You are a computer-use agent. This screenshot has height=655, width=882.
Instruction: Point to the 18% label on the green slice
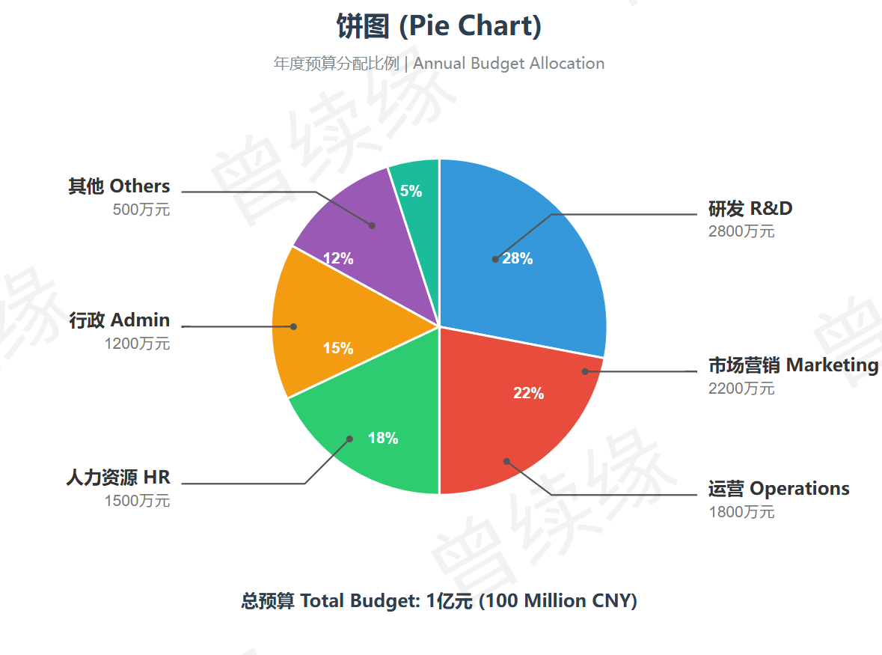point(383,439)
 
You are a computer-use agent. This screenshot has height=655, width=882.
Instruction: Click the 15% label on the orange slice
point(338,349)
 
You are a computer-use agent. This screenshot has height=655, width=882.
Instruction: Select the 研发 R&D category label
point(750,208)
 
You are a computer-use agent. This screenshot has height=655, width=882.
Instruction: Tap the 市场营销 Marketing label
point(793,365)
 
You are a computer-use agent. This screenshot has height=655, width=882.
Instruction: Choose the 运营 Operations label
point(779,489)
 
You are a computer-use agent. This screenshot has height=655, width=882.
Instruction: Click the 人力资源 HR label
point(118,478)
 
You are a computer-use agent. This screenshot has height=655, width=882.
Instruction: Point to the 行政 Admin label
point(120,320)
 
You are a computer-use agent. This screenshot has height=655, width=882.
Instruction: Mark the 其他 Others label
point(120,186)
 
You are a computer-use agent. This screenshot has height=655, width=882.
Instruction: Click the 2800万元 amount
point(741,231)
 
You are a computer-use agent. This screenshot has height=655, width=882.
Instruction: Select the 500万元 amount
point(141,210)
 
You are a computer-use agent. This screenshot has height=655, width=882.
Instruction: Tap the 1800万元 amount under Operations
point(741,512)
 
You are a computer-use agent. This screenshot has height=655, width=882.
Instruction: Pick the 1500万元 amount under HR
point(137,501)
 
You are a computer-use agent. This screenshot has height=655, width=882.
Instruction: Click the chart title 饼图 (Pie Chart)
point(439,27)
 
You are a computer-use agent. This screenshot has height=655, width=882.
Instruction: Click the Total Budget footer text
point(439,601)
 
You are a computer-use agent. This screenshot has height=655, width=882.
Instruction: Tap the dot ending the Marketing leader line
point(584,371)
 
